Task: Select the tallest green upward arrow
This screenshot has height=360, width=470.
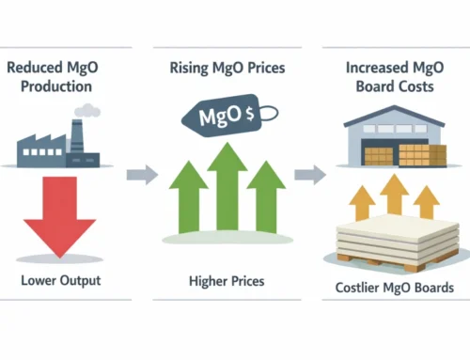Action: (x=227, y=193)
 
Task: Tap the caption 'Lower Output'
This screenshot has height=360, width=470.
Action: (x=61, y=281)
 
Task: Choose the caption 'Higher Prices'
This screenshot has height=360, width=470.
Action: (x=226, y=281)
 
